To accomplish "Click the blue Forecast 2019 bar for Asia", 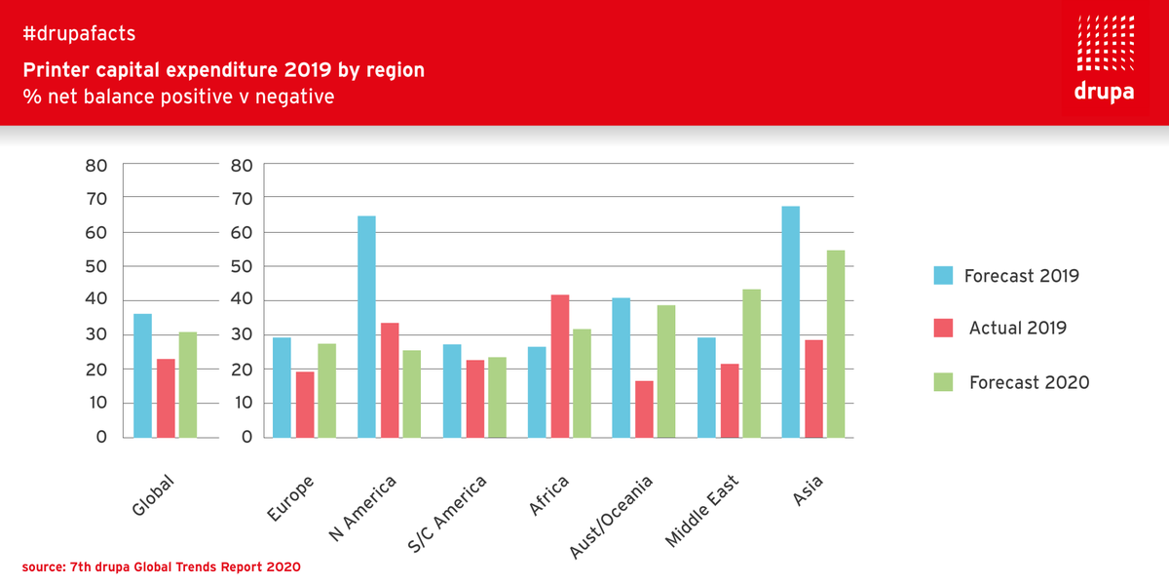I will click(791, 322).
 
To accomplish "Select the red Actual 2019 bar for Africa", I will click(559, 366).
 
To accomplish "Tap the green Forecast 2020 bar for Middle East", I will click(751, 363).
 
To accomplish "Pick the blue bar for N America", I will click(366, 327).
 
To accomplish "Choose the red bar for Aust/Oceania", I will click(644, 409).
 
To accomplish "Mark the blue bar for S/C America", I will click(452, 390).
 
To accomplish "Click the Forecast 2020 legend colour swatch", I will click(943, 382).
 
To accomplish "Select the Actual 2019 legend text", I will click(1017, 329).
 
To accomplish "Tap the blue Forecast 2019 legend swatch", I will click(943, 276).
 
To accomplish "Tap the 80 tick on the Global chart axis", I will click(96, 166).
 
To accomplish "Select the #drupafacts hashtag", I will click(79, 34).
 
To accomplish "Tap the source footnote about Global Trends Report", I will click(162, 566).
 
